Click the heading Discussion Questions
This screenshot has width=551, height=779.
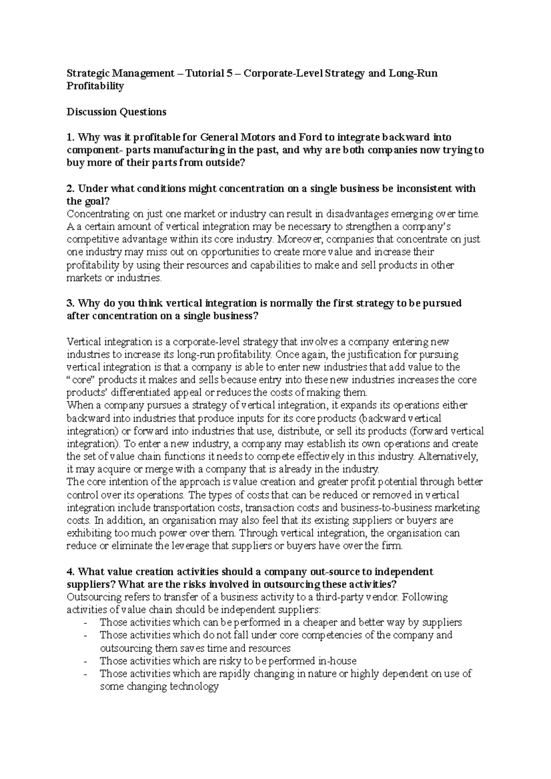click(116, 111)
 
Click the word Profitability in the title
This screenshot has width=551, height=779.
click(95, 86)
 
